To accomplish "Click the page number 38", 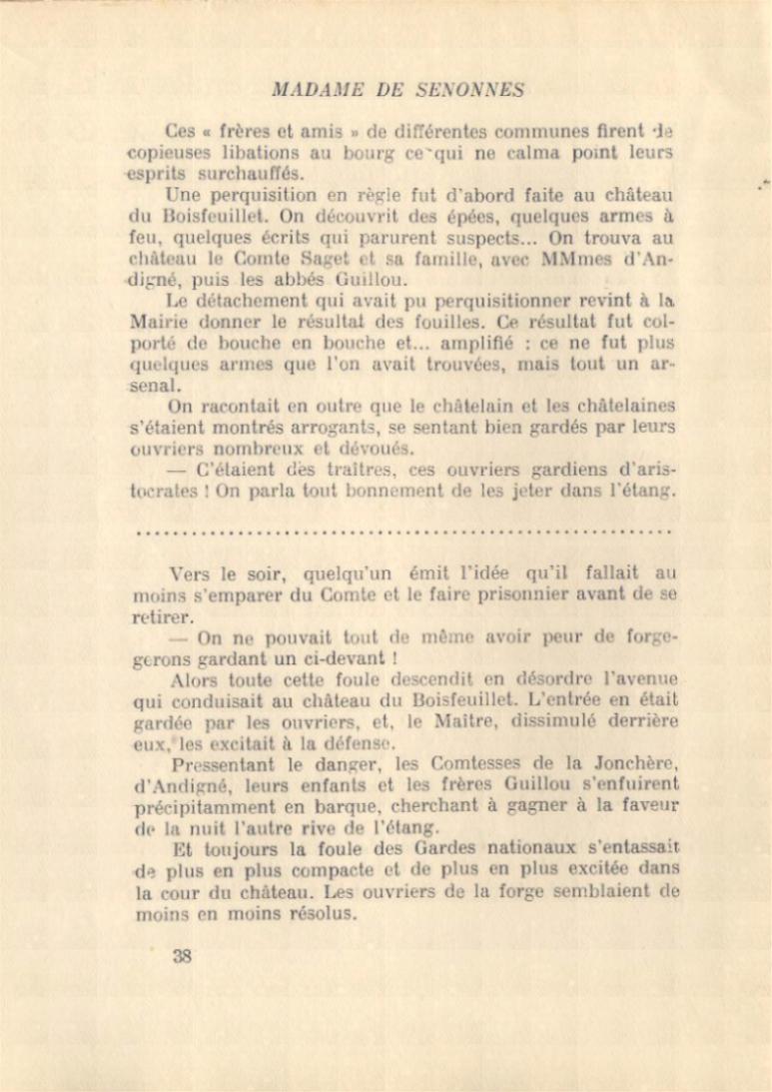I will pos(181,955).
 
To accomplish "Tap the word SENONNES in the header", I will pos(464,90).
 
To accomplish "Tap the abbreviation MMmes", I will pos(579,259).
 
